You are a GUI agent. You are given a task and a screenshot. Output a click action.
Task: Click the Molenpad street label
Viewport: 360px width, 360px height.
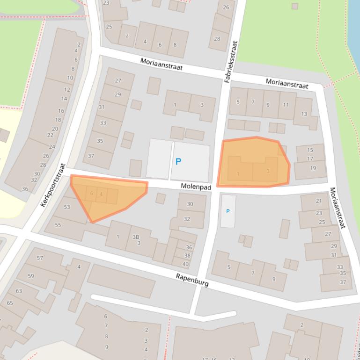tap(196, 187)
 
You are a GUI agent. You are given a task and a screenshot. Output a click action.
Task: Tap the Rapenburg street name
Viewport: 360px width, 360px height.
tap(192, 280)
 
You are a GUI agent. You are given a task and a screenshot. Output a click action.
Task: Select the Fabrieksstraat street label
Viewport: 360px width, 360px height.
tap(231, 62)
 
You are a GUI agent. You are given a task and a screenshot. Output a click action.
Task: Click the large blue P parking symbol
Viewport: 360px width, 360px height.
tap(178, 162)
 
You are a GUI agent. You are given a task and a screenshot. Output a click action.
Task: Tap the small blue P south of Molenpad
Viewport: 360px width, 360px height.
tap(228, 211)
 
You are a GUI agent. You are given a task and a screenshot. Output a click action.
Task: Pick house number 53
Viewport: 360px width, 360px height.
tap(67, 207)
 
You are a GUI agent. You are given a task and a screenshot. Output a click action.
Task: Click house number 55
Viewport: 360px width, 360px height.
tap(58, 225)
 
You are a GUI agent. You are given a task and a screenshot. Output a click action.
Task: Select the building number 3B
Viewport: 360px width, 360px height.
tap(136, 237)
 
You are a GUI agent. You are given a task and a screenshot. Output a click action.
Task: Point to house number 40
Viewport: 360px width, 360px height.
tap(185, 264)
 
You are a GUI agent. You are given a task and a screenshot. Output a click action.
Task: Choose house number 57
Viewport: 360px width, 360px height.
tap(40, 258)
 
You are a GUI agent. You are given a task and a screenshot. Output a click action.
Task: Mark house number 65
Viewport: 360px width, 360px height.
tap(10, 303)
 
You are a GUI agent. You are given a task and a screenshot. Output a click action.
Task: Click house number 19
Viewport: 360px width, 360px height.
tap(313, 168)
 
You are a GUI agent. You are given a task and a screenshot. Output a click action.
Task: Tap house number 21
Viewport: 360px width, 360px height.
tap(319, 201)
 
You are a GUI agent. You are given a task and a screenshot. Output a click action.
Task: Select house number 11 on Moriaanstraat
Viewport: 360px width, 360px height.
tap(286, 104)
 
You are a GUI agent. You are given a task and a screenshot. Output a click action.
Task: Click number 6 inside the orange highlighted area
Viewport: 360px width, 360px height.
tap(91, 194)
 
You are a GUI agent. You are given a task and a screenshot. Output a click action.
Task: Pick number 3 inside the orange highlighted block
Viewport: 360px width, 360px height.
tap(268, 171)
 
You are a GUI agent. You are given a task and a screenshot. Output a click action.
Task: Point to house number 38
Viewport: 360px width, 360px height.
tap(187, 256)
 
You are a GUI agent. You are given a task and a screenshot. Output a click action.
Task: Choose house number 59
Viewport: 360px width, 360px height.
tap(31, 276)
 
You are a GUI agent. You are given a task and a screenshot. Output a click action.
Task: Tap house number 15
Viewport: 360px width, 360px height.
tap(310, 150)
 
